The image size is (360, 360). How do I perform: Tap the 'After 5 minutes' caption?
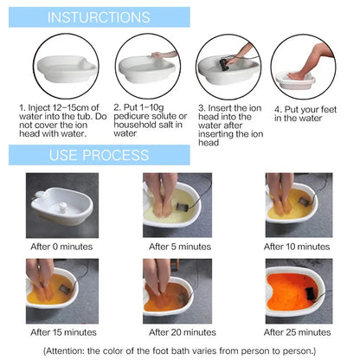[x=179, y=247]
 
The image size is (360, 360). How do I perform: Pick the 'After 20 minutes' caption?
[x=179, y=331]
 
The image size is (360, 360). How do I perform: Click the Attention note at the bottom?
[x=179, y=350]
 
